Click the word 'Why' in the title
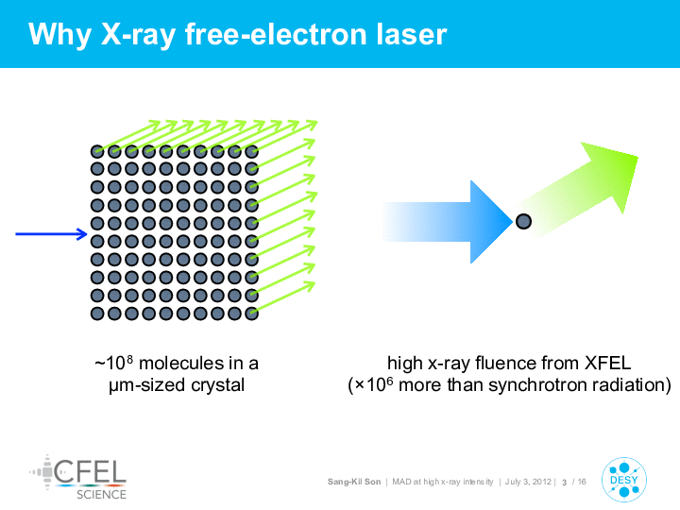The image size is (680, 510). (59, 36)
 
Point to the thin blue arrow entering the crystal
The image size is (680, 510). (51, 234)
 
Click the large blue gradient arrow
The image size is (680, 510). (448, 222)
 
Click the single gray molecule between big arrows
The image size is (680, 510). (523, 222)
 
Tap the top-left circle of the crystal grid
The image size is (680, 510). (97, 152)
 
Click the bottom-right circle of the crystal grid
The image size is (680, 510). (251, 314)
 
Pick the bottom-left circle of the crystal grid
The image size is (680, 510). (97, 314)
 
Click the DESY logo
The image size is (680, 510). (624, 480)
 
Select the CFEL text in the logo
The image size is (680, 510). (91, 471)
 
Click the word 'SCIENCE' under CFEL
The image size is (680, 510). (101, 494)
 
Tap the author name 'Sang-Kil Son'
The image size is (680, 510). (354, 482)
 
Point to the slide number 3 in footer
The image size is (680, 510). (564, 483)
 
